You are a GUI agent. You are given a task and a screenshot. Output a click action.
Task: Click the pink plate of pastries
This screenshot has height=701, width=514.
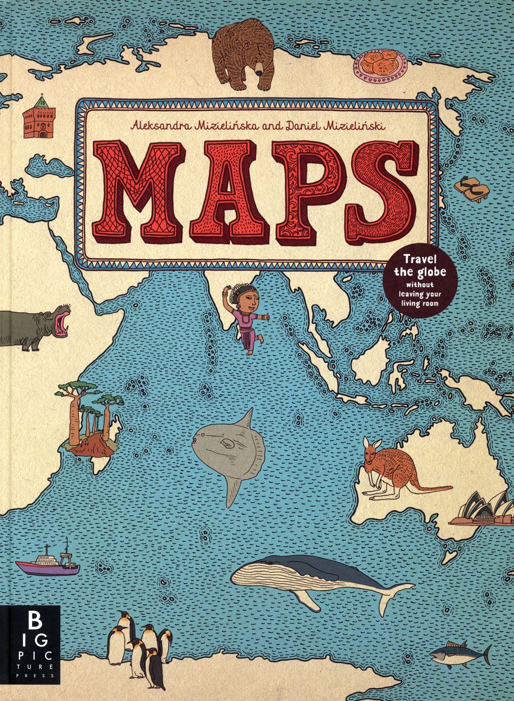point(379,65)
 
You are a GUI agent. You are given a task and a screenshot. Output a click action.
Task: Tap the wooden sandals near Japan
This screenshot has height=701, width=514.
point(472,188)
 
